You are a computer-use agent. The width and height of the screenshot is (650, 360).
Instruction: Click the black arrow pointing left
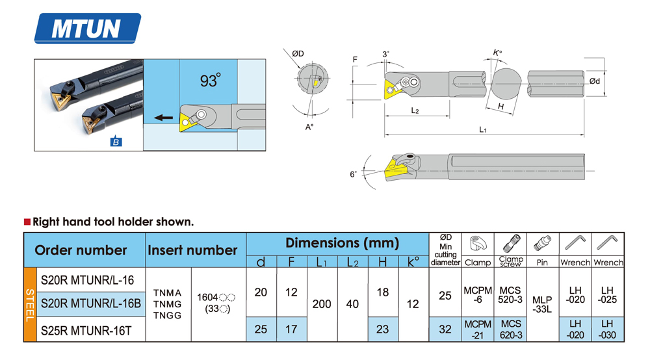tap(163, 118)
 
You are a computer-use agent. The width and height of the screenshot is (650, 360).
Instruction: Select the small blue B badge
tap(116, 142)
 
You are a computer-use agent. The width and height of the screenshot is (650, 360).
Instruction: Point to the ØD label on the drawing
tap(298, 53)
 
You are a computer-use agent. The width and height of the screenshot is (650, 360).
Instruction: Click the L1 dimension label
tap(483, 129)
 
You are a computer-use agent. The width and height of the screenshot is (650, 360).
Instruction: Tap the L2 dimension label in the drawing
tap(415, 110)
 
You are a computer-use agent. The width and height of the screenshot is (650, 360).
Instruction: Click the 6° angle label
tap(353, 174)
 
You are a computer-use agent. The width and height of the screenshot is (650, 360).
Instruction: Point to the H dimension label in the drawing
tap(500, 106)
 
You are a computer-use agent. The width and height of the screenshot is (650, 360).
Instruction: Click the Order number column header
tap(81, 250)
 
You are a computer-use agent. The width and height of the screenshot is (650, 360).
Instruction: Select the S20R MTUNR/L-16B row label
tap(90, 303)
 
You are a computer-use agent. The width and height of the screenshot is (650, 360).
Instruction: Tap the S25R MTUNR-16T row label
tap(86, 330)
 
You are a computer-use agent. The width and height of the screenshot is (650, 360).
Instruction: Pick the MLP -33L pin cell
tap(542, 304)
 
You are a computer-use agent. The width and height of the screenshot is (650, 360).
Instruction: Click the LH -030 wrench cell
tap(607, 329)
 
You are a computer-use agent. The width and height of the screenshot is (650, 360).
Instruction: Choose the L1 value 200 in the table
tap(322, 303)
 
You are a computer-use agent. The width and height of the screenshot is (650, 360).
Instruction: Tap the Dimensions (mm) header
tap(342, 243)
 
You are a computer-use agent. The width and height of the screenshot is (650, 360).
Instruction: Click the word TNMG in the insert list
tap(168, 304)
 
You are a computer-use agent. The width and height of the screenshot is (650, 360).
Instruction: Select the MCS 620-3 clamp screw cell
tap(511, 329)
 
